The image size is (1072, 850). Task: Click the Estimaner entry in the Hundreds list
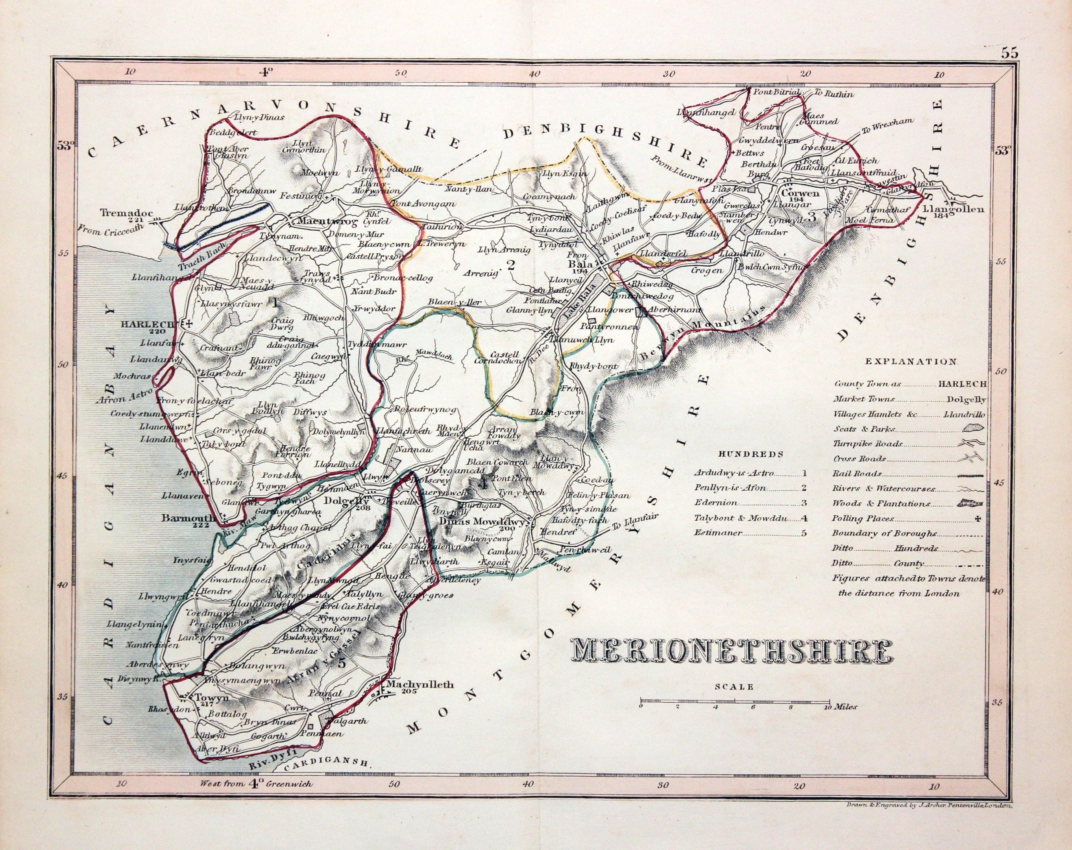click(x=712, y=533)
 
